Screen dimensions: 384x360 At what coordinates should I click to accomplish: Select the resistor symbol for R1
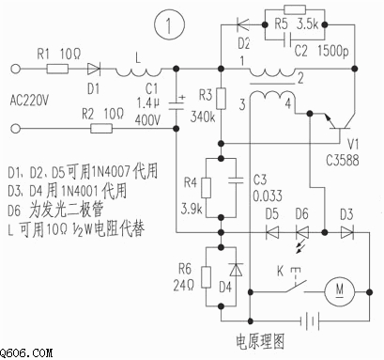click(57, 69)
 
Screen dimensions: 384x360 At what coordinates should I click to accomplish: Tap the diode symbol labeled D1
click(94, 69)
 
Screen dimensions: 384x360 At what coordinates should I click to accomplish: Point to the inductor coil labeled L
click(138, 72)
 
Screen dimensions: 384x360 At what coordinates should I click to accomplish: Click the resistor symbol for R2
click(101, 129)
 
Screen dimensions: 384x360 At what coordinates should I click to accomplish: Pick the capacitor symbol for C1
click(177, 104)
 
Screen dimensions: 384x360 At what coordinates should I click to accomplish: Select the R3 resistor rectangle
click(222, 99)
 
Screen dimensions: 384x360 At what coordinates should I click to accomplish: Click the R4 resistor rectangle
click(206, 188)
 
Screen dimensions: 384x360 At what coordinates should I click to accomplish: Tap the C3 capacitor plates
click(236, 180)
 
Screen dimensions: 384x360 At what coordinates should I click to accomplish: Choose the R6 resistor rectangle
click(206, 277)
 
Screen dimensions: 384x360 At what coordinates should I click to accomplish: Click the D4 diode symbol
click(236, 270)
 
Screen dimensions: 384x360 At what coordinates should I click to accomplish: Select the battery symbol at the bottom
click(310, 321)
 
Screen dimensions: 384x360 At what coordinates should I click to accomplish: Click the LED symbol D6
click(302, 233)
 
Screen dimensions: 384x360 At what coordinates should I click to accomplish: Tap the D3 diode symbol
click(347, 233)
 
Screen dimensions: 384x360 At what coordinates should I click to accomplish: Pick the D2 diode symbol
click(243, 24)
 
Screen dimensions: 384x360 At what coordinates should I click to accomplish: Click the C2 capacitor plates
click(287, 39)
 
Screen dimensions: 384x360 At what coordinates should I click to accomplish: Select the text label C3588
click(343, 161)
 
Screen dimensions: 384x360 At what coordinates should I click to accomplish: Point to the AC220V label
click(29, 101)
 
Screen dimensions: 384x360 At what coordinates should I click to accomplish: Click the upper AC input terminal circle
click(16, 69)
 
